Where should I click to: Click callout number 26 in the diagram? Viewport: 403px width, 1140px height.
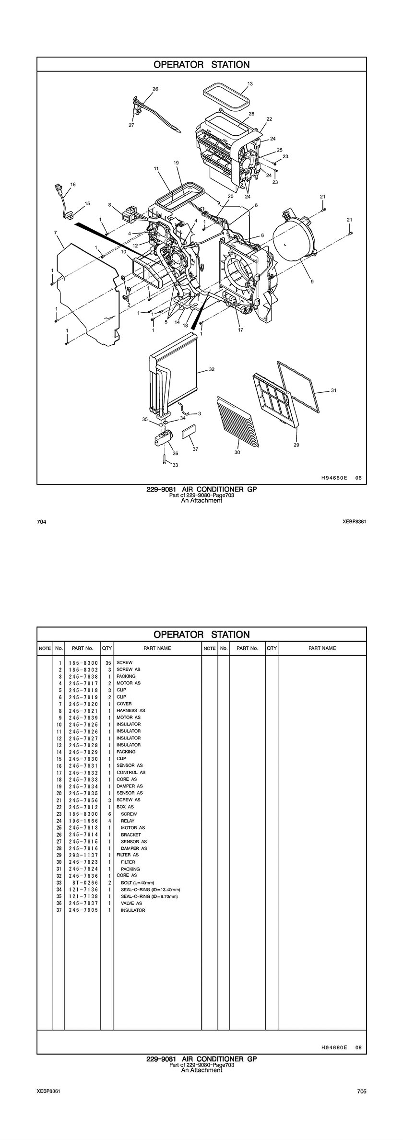click(155, 89)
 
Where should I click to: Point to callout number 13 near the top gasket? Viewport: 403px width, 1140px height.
click(250, 83)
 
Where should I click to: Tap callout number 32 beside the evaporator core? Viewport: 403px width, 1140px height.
click(212, 369)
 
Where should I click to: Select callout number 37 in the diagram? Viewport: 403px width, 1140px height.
click(195, 449)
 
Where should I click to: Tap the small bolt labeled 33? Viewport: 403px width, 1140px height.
click(164, 459)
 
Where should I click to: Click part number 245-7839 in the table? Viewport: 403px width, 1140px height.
click(83, 717)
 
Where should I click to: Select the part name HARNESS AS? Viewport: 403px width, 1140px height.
click(130, 711)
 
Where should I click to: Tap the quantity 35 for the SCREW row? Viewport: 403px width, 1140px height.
click(108, 662)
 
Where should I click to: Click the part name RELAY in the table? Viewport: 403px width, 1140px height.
click(128, 821)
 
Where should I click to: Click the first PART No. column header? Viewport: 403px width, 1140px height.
click(83, 648)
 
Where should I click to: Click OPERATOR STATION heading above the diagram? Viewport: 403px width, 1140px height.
click(201, 65)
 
